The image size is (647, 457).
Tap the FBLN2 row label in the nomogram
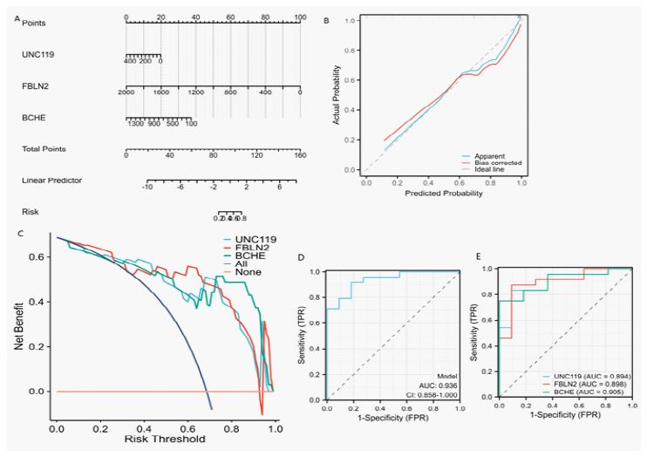coord(34,87)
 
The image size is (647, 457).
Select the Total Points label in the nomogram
coord(43,149)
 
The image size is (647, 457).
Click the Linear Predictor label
coord(47,181)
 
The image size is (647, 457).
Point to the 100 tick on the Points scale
coord(300,17)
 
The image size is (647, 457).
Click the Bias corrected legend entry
coord(498,161)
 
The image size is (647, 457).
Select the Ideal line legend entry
coord(493,168)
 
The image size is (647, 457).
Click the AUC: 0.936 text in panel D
coord(440,385)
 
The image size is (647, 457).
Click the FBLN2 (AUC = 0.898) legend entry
coord(587,385)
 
